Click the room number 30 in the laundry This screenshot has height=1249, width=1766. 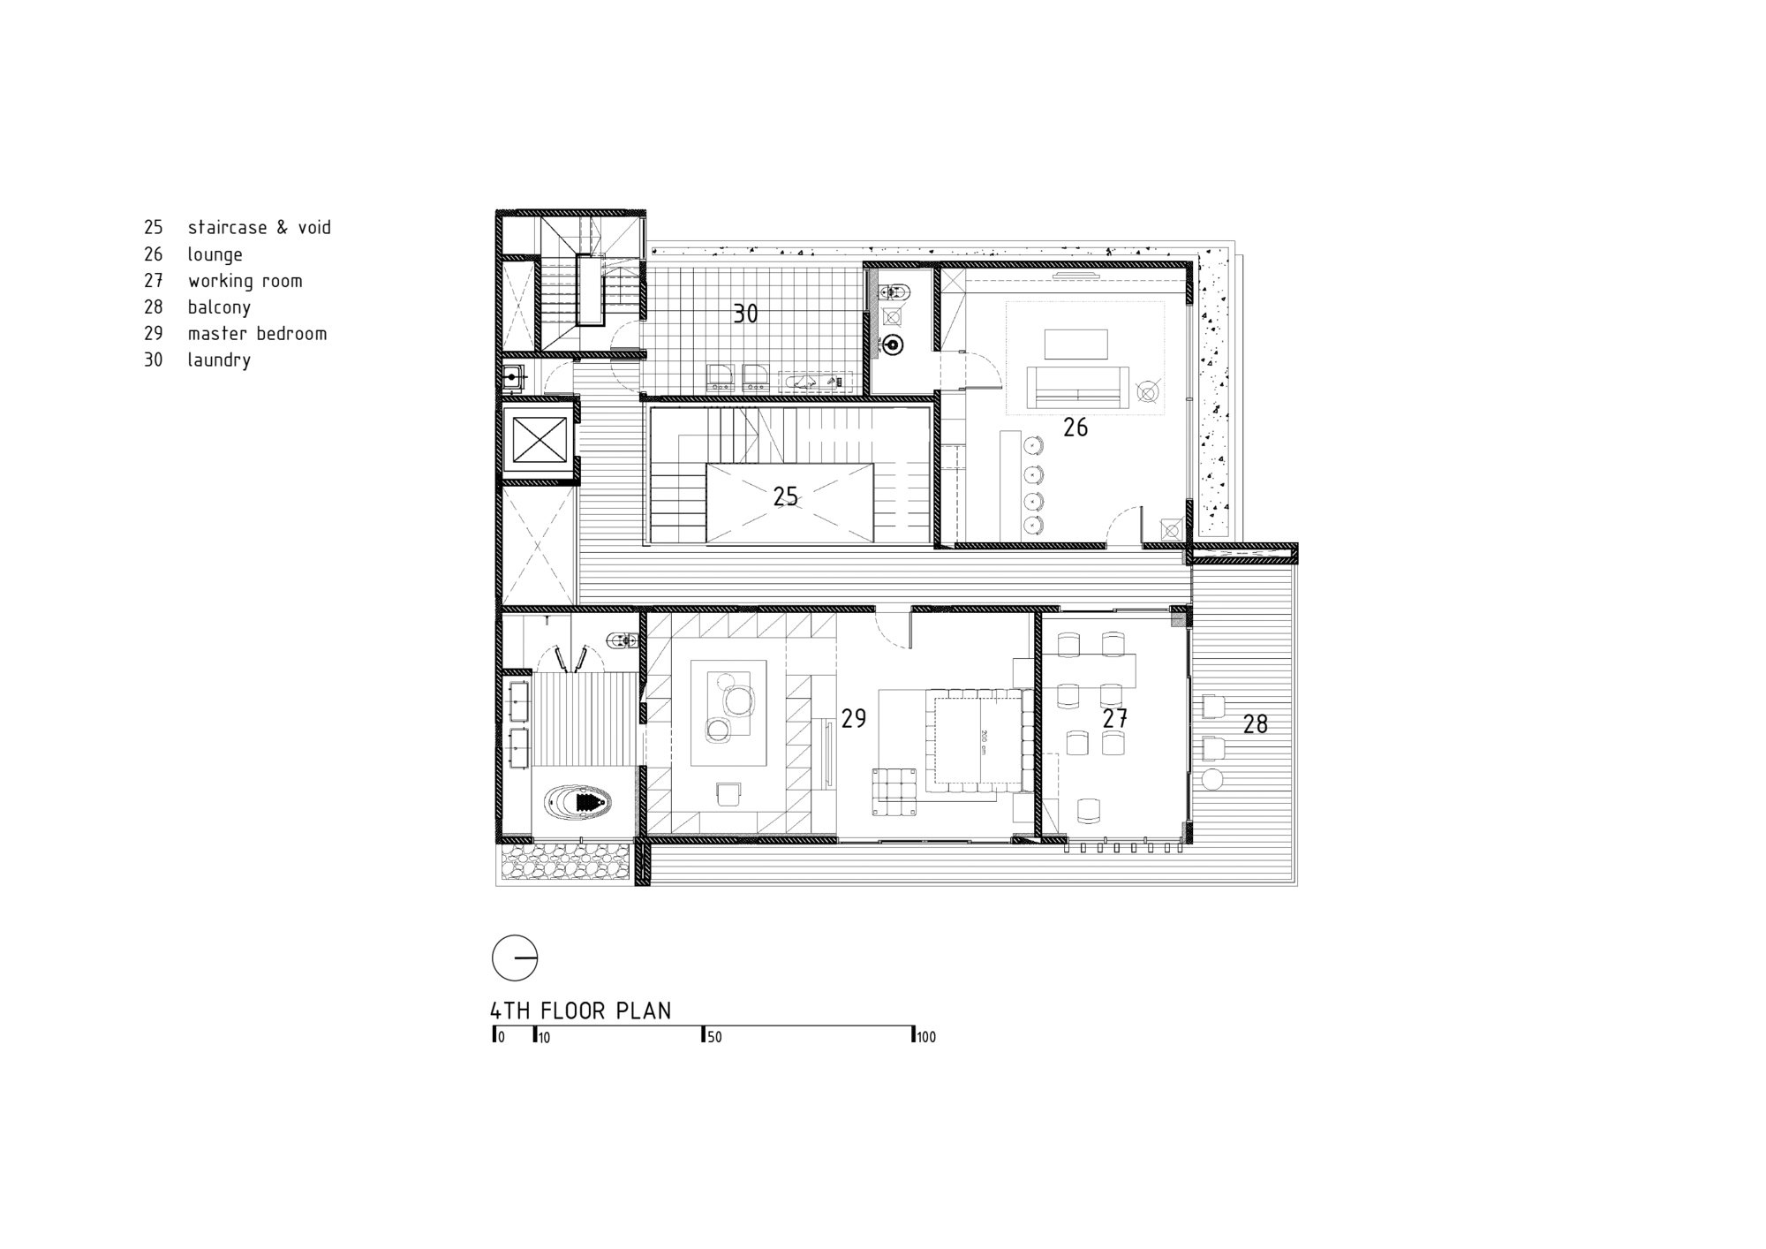click(x=745, y=314)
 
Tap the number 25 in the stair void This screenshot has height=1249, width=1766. click(x=785, y=497)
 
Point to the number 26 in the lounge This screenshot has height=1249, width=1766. click(x=1075, y=428)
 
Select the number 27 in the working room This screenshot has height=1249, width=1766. click(x=1114, y=719)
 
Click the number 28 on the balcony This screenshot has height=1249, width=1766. click(x=1255, y=724)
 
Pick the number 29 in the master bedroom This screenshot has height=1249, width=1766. click(x=853, y=719)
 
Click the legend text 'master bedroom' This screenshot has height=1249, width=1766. click(x=257, y=334)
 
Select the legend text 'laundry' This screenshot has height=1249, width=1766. click(x=219, y=360)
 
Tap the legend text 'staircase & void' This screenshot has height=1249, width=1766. click(x=259, y=228)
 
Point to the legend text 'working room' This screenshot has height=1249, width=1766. click(x=245, y=281)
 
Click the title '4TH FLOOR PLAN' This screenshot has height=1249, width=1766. click(x=581, y=1011)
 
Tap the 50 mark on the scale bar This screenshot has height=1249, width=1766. click(x=713, y=1037)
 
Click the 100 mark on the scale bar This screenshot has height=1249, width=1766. click(x=925, y=1037)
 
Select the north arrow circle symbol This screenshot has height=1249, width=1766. click(x=515, y=958)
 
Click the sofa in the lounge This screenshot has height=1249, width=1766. click(x=1077, y=388)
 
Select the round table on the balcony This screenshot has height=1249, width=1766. click(x=1212, y=779)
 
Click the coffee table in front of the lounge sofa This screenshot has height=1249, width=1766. click(x=1075, y=344)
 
